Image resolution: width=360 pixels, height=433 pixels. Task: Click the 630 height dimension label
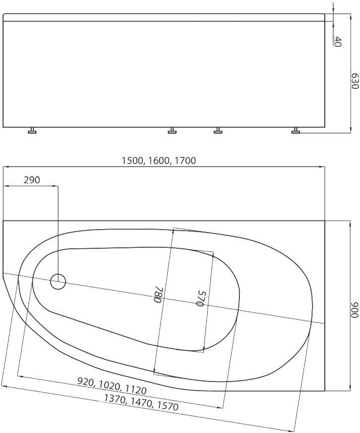[355, 81]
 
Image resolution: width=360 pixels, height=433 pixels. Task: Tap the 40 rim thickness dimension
[338, 41]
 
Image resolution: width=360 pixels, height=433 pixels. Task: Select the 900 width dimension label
[355, 310]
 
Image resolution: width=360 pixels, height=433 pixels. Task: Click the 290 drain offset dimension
[32, 180]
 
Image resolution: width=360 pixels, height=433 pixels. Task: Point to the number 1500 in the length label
[132, 160]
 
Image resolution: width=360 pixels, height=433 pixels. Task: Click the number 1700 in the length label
[185, 160]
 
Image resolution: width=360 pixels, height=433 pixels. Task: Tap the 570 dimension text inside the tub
[200, 298]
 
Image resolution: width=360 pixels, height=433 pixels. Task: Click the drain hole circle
[58, 282]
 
